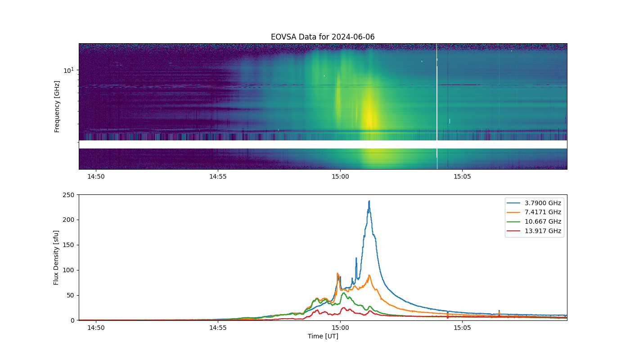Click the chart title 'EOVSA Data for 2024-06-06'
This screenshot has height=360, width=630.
point(323,37)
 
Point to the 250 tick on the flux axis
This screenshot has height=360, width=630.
point(68,195)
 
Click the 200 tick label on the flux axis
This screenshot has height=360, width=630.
point(68,220)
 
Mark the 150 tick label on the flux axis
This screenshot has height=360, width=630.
point(68,245)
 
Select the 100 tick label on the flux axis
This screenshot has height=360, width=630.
point(68,270)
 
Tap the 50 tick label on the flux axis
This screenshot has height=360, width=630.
point(71,295)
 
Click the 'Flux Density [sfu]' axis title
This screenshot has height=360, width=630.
point(56,257)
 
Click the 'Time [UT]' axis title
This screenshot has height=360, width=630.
point(323,337)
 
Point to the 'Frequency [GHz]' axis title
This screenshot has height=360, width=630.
point(57,107)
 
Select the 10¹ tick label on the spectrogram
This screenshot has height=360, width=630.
point(69,70)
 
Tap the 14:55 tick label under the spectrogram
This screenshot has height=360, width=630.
point(218,176)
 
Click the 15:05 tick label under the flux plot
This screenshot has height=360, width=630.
point(462,328)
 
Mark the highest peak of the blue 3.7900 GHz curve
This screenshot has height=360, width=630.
point(369,201)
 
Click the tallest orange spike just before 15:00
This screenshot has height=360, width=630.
point(337,274)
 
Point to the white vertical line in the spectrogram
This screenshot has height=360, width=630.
point(437,106)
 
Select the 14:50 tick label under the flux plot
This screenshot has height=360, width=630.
point(96,328)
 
